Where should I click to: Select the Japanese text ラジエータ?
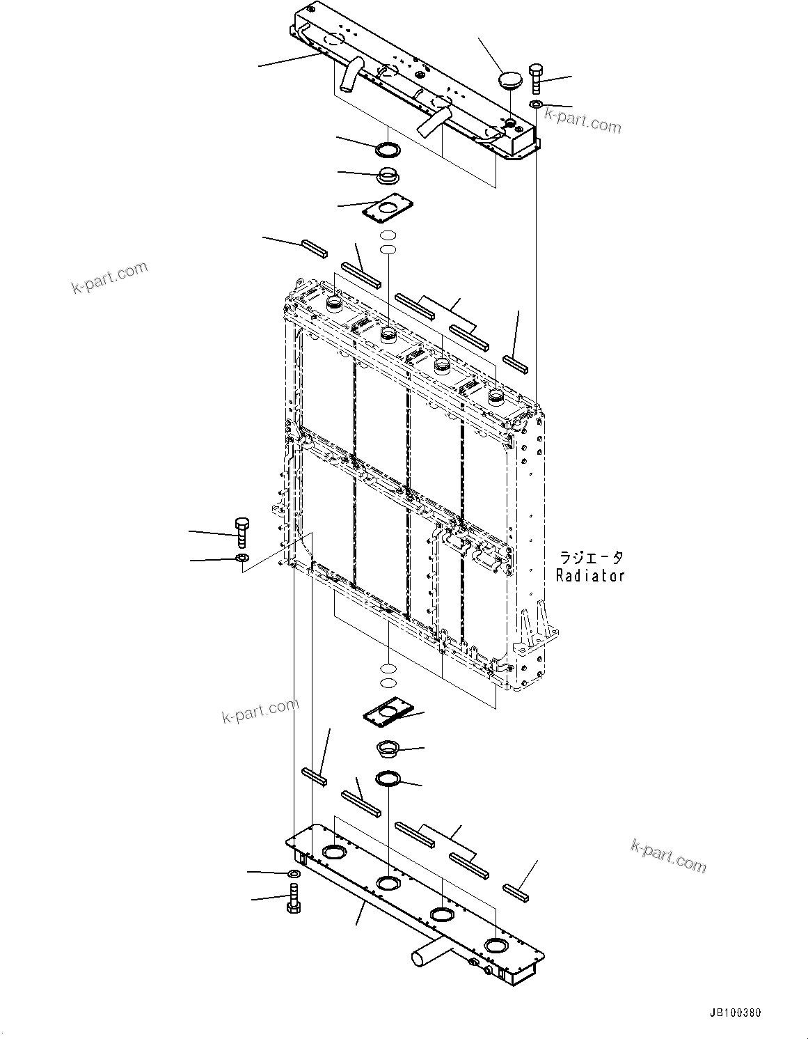tap(591, 558)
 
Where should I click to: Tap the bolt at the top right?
tap(536, 78)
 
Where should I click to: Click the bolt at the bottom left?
tap(294, 898)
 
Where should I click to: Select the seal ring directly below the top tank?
tap(387, 150)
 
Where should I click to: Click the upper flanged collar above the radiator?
tap(387, 176)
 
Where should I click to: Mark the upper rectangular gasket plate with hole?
tap(389, 208)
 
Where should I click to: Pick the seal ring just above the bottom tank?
tap(388, 779)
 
